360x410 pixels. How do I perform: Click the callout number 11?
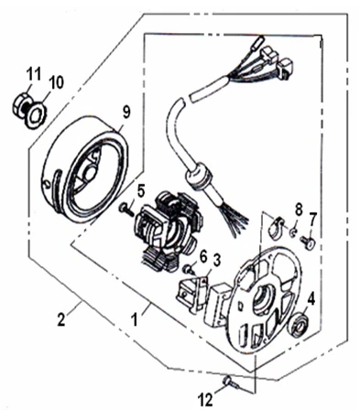pyautogui.click(x=33, y=74)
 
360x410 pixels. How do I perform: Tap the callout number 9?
pyautogui.click(x=125, y=112)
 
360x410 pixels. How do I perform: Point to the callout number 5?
pyautogui.click(x=140, y=191)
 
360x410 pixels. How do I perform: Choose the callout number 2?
pyautogui.click(x=61, y=320)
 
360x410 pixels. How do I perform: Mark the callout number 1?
pyautogui.click(x=134, y=320)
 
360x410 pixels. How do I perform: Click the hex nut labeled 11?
pyautogui.click(x=21, y=105)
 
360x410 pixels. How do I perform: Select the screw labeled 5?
pyautogui.click(x=126, y=210)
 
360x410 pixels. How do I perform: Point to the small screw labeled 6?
pyautogui.click(x=189, y=270)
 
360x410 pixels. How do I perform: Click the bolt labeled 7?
pyautogui.click(x=308, y=243)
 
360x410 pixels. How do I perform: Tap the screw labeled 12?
pyautogui.click(x=231, y=383)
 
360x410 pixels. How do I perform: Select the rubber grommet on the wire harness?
pyautogui.click(x=199, y=177)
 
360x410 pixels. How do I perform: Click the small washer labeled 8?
pyautogui.click(x=292, y=232)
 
